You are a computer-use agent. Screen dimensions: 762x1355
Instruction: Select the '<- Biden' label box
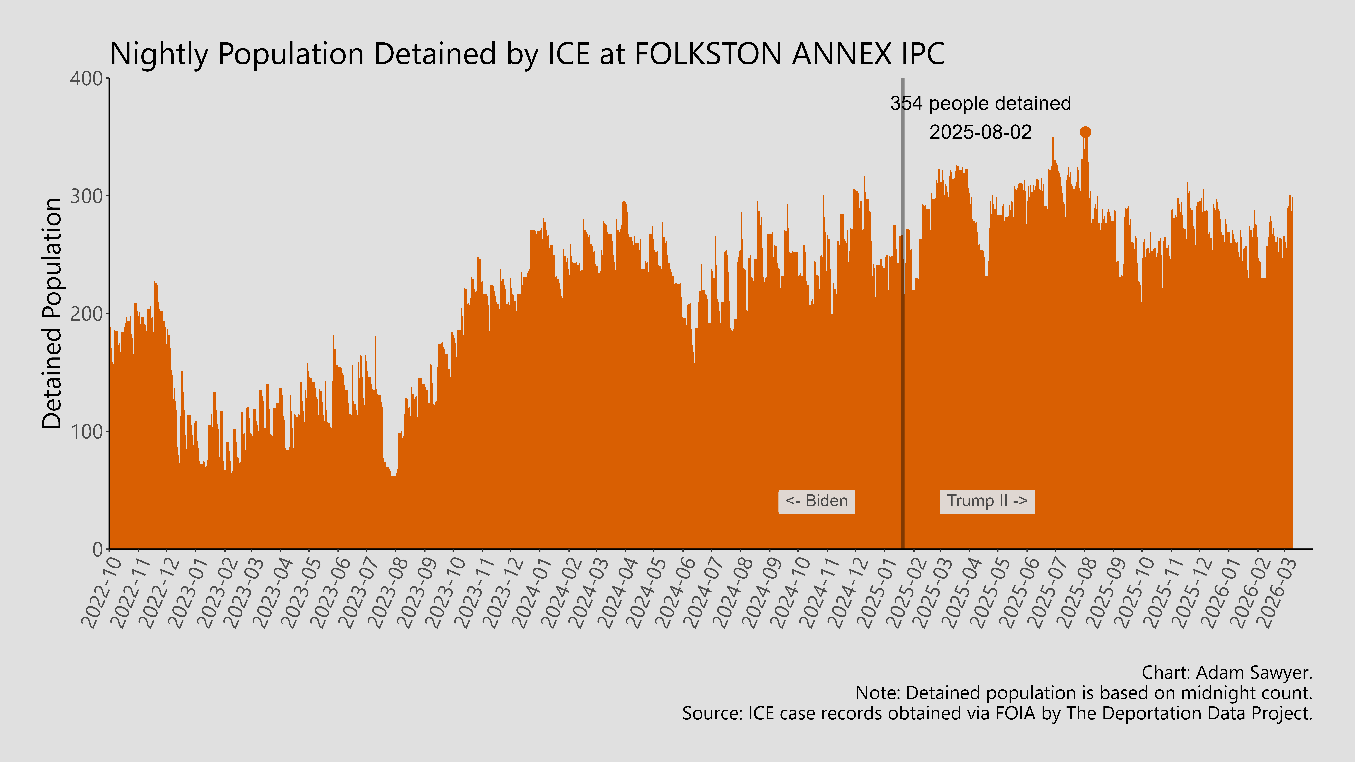pos(816,501)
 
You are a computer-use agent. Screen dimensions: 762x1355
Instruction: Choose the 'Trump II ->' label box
pos(987,501)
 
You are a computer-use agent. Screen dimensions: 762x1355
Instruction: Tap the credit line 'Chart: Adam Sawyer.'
pos(1227,673)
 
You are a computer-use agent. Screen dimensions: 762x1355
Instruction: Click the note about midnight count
pos(1084,693)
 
